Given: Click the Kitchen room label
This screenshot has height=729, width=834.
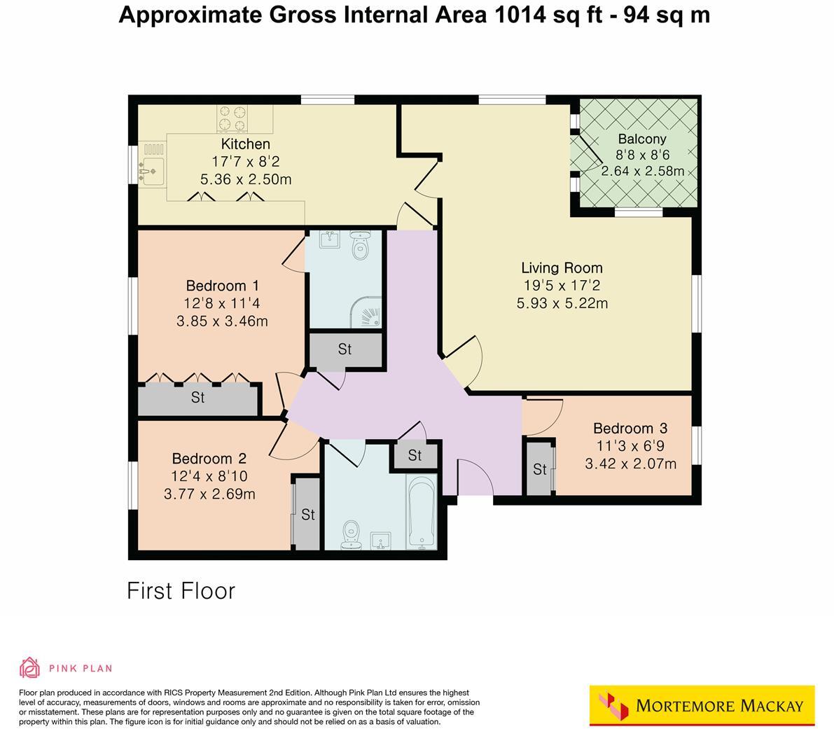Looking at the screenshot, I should [245, 144].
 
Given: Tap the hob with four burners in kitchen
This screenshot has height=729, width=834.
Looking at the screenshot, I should [233, 118].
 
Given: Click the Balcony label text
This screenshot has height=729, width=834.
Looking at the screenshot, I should [641, 139].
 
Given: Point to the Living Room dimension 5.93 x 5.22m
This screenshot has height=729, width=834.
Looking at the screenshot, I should [562, 303].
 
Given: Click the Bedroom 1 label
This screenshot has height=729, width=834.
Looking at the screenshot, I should [222, 286].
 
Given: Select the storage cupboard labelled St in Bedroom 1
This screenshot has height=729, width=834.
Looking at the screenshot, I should [198, 398].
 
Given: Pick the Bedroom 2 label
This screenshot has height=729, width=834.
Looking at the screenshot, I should [209, 459].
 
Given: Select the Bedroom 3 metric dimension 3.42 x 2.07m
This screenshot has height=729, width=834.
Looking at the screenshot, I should [630, 464].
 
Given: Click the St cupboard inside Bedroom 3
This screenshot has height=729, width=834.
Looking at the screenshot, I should [539, 469].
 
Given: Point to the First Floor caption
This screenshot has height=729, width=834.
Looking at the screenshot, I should [181, 590].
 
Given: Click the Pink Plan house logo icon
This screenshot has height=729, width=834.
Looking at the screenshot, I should [29, 668].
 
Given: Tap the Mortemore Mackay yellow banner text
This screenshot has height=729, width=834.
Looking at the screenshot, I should [719, 705].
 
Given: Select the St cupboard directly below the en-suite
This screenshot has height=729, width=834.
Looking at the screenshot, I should [345, 349].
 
